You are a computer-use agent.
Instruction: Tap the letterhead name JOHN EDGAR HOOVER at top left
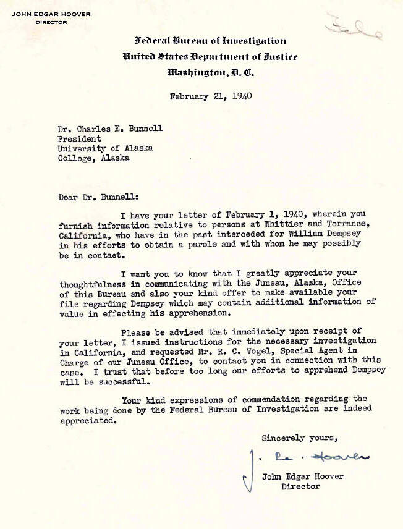click(x=51, y=13)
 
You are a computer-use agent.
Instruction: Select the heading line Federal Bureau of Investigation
click(x=210, y=41)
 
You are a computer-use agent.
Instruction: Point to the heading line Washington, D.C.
click(x=210, y=72)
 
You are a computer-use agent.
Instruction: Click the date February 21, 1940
click(x=210, y=96)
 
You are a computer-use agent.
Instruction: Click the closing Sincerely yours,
click(x=299, y=438)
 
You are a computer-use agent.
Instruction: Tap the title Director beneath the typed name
click(x=301, y=486)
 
